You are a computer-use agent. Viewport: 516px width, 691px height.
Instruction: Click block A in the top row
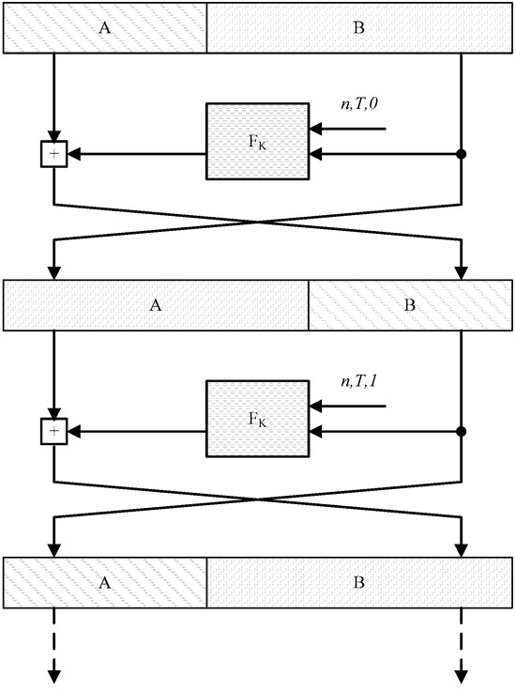(105, 27)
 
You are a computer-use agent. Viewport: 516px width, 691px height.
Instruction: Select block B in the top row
(358, 27)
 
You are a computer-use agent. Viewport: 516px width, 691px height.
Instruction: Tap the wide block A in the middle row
(157, 305)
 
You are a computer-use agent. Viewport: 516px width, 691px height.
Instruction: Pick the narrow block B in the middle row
(410, 305)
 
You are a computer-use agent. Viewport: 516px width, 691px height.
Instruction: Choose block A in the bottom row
(105, 581)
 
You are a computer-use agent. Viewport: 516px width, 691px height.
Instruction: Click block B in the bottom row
(358, 581)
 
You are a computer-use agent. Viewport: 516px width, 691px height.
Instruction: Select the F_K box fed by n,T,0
(257, 141)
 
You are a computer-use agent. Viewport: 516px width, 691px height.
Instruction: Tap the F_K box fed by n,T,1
(257, 419)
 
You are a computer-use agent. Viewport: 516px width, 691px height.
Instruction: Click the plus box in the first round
(53, 154)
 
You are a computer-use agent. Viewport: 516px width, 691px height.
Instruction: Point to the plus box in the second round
(53, 432)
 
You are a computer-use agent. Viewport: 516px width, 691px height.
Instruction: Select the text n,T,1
(359, 383)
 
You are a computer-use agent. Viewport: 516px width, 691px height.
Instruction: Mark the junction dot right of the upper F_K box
(462, 154)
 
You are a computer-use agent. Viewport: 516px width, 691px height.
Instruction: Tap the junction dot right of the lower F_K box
(462, 432)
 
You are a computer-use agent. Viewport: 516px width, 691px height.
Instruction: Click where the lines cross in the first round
(258, 223)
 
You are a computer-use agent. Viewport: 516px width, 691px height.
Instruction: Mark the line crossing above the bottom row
(258, 499)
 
